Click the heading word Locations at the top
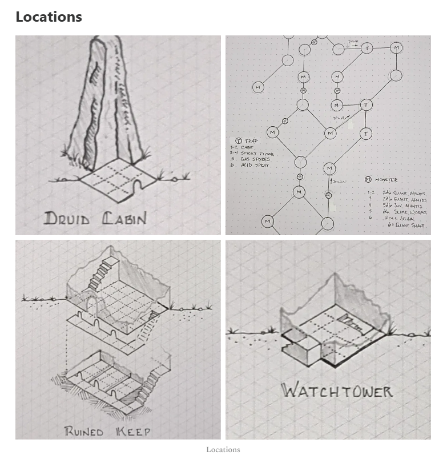[49, 17]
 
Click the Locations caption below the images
[223, 449]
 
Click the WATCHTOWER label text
[337, 391]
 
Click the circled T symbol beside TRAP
[238, 140]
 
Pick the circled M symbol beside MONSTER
[368, 180]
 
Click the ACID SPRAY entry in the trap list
[254, 165]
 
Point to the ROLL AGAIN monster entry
[398, 218]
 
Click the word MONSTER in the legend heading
[386, 180]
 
